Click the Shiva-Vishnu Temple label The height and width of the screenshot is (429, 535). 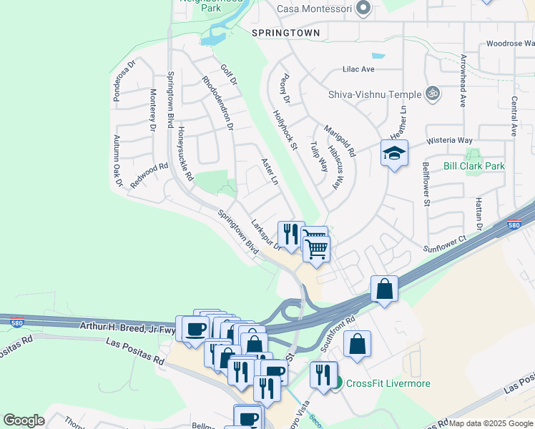[375, 94]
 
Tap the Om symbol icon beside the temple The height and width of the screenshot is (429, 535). [432, 93]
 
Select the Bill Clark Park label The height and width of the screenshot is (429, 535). [473, 166]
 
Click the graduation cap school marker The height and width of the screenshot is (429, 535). [394, 154]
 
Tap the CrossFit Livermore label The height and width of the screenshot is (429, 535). [388, 383]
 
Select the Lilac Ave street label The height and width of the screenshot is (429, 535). [359, 69]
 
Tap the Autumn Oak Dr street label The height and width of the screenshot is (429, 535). [117, 157]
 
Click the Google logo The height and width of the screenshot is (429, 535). [24, 420]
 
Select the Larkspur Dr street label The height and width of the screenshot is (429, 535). [267, 235]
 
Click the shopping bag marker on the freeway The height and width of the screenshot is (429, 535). [384, 290]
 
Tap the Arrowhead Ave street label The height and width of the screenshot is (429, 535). [463, 81]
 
